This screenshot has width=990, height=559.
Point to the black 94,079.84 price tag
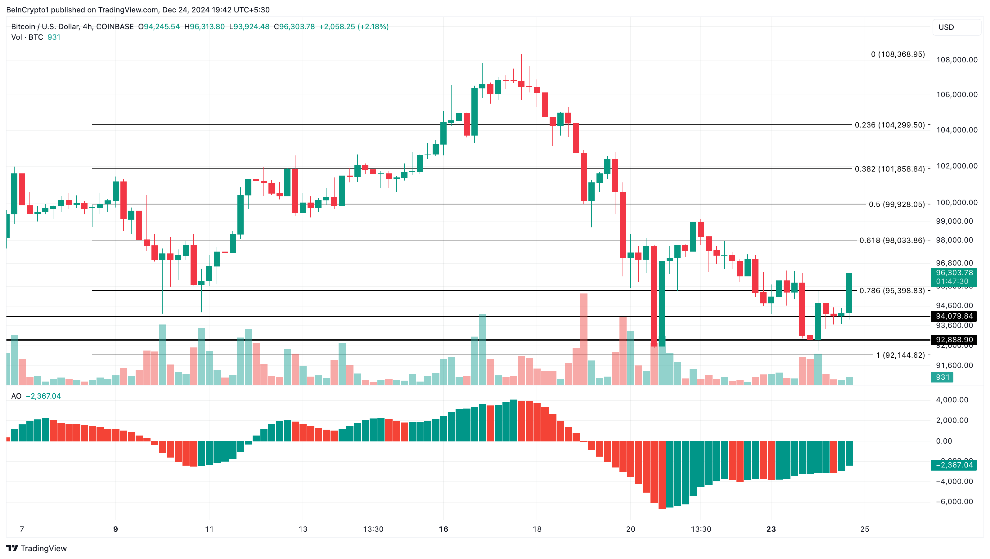tap(954, 316)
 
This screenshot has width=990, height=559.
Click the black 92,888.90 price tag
tap(954, 340)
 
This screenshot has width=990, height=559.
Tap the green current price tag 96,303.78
tap(954, 273)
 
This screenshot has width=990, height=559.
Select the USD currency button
tap(956, 27)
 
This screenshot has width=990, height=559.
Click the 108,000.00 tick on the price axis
tap(956, 60)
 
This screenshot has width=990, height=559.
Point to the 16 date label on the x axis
tap(443, 529)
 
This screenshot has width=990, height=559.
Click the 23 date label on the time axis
tap(771, 529)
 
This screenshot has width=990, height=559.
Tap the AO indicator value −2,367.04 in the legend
tap(43, 396)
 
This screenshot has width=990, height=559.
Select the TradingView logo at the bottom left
tap(37, 548)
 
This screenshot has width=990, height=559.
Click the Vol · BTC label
tap(27, 37)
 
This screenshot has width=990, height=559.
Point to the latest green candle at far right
tap(849, 293)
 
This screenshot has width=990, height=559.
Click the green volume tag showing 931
tap(942, 377)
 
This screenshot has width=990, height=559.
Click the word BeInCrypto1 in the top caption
tap(27, 10)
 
